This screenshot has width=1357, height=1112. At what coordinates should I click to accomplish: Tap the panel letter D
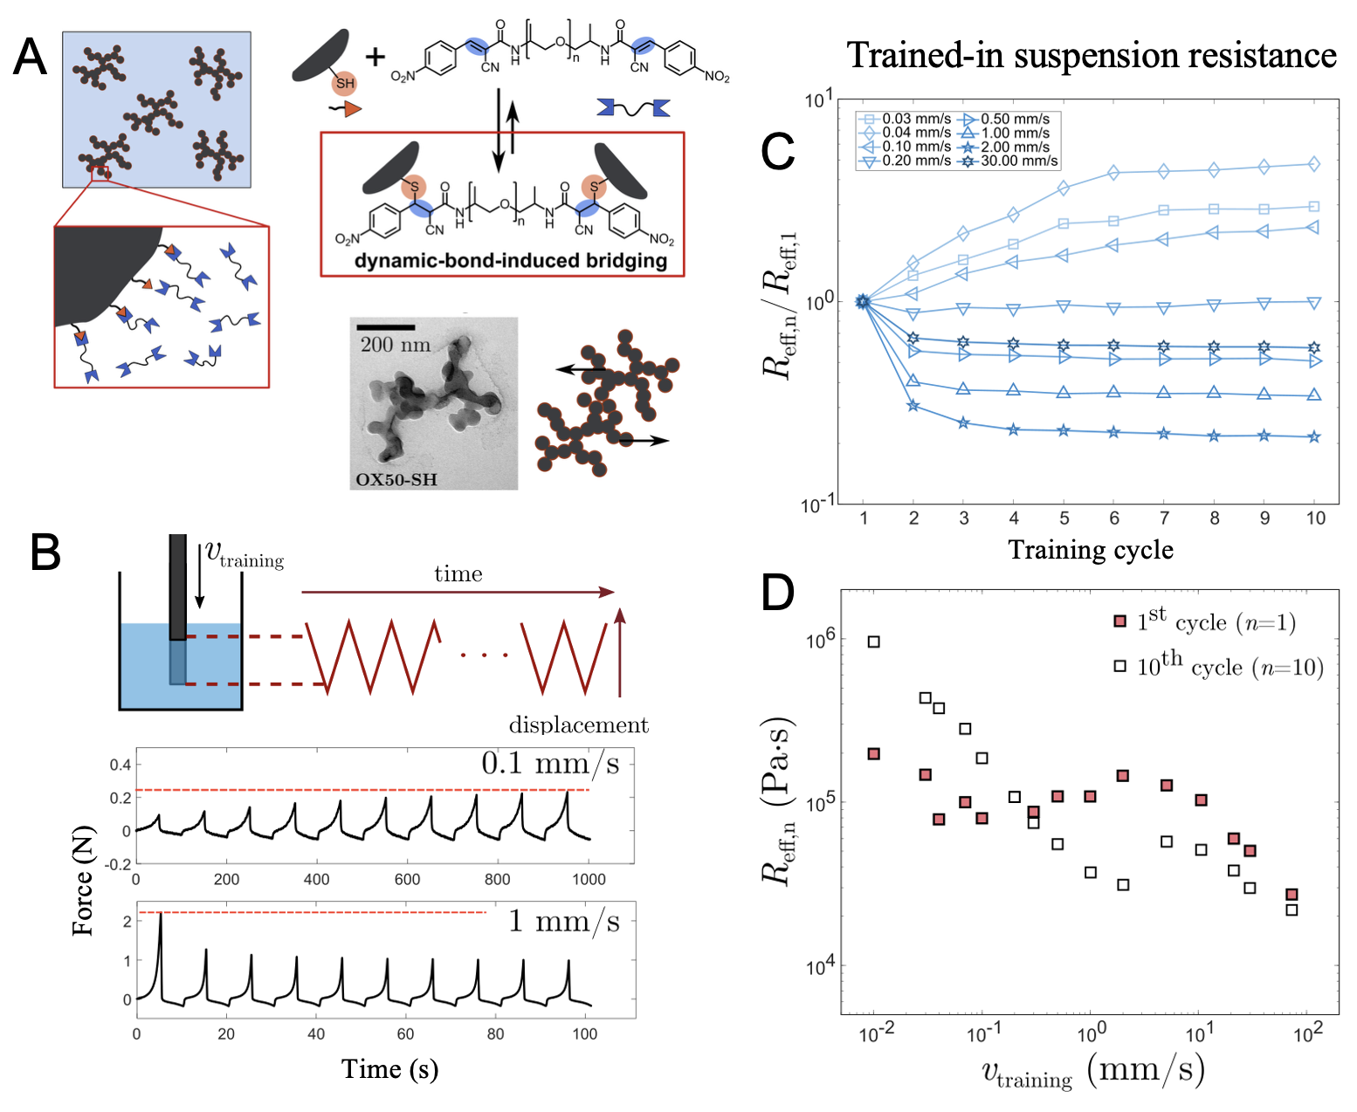778,593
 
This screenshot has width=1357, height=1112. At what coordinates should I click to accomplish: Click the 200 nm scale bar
385,327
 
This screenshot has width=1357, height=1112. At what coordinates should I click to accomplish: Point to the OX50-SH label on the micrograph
396,479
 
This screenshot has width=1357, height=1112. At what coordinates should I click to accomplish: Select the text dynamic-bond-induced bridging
511,261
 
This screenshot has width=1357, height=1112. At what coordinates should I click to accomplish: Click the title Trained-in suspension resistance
1092,55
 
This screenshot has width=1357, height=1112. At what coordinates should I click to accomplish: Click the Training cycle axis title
1091,550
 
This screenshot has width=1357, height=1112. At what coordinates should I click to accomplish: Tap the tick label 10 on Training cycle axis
1315,518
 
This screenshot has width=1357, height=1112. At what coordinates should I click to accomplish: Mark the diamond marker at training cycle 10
1314,164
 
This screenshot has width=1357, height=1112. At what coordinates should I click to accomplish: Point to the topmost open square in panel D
873,642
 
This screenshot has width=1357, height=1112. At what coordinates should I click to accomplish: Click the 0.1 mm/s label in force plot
550,764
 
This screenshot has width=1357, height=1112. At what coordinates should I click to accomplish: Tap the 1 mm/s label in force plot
564,921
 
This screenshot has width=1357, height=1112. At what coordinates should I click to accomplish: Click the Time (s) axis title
389,1069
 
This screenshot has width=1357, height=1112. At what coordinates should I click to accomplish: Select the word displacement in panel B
578,725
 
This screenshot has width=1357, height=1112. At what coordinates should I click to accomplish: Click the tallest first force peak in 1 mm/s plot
161,916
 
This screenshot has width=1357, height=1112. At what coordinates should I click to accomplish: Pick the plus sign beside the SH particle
375,58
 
